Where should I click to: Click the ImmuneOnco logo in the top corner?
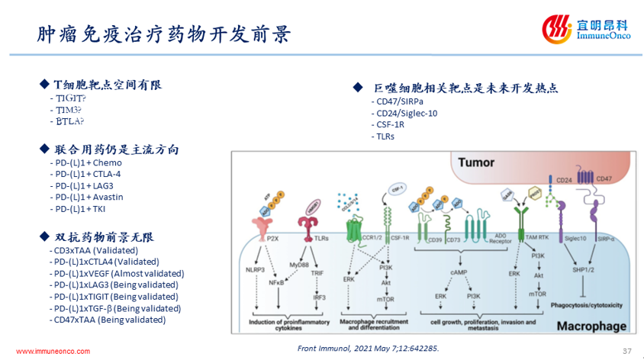pyautogui.click(x=583, y=30)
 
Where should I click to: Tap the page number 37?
pyautogui.click(x=628, y=350)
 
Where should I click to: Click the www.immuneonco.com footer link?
pyautogui.click(x=53, y=351)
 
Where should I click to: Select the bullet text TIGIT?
pyautogui.click(x=69, y=98)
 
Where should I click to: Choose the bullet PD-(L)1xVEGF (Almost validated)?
pyautogui.click(x=114, y=273)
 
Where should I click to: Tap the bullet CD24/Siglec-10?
pyautogui.click(x=407, y=114)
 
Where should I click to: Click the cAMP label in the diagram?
pyautogui.click(x=459, y=272)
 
